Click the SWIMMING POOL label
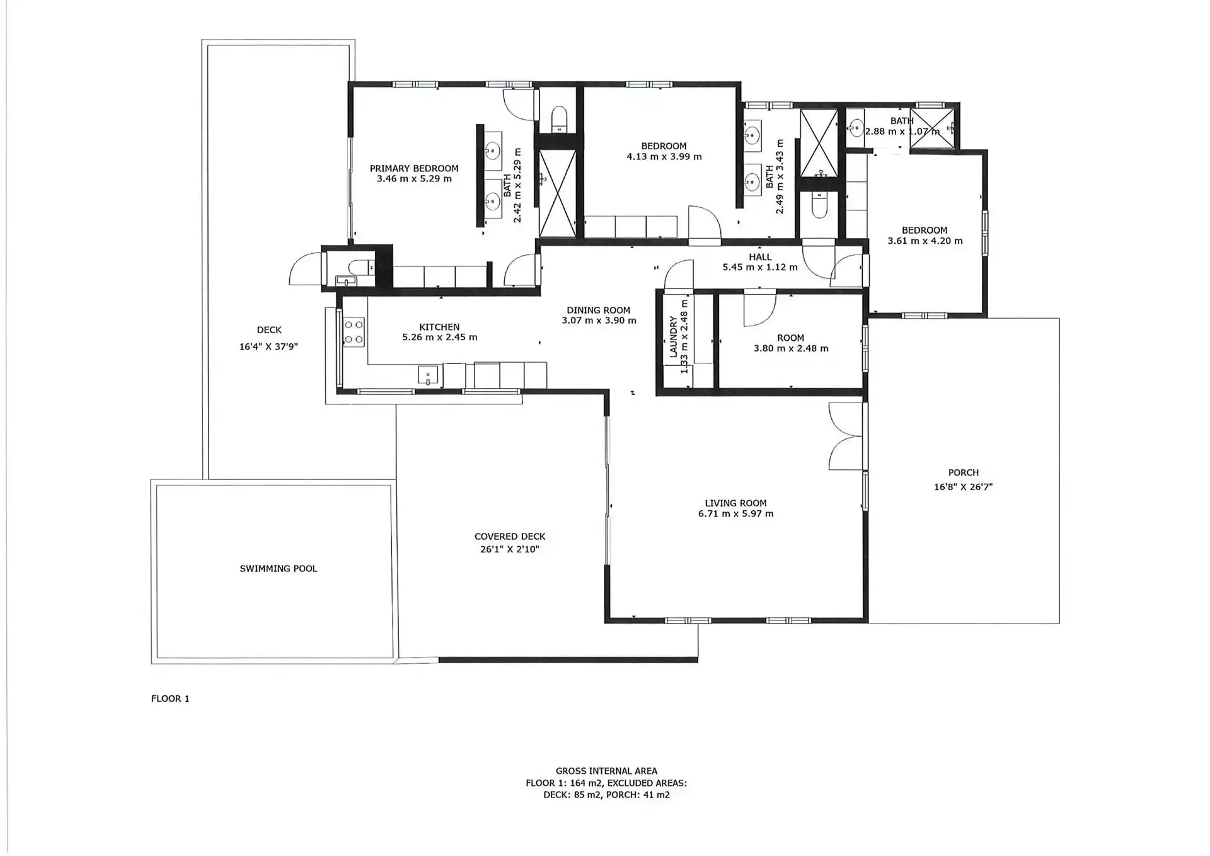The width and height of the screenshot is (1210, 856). pyautogui.click(x=279, y=569)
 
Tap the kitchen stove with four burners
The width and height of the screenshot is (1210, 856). pyautogui.click(x=354, y=332)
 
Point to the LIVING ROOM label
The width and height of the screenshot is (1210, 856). pyautogui.click(x=735, y=503)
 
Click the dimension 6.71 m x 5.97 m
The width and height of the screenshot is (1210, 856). pyautogui.click(x=735, y=514)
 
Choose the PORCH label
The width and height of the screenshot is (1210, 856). pyautogui.click(x=964, y=473)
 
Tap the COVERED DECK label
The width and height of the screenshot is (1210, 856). pyautogui.click(x=510, y=537)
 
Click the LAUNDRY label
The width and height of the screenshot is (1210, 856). pyautogui.click(x=674, y=337)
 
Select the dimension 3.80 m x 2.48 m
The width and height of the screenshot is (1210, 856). pyautogui.click(x=791, y=348)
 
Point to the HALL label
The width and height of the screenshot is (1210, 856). pyautogui.click(x=760, y=257)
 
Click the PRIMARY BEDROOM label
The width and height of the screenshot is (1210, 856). pyautogui.click(x=414, y=168)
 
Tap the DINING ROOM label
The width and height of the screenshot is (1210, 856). pyautogui.click(x=599, y=310)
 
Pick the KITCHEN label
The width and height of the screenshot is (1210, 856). pyautogui.click(x=439, y=327)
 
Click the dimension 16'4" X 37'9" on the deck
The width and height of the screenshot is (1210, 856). pyautogui.click(x=268, y=346)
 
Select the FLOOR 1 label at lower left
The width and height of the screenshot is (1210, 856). pyautogui.click(x=170, y=699)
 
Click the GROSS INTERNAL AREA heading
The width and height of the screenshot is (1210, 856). pyautogui.click(x=606, y=771)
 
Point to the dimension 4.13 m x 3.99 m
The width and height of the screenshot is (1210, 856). pyautogui.click(x=664, y=157)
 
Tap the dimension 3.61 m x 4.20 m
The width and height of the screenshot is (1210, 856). pyautogui.click(x=925, y=241)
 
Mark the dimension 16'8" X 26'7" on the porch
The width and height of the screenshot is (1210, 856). pyautogui.click(x=964, y=487)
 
